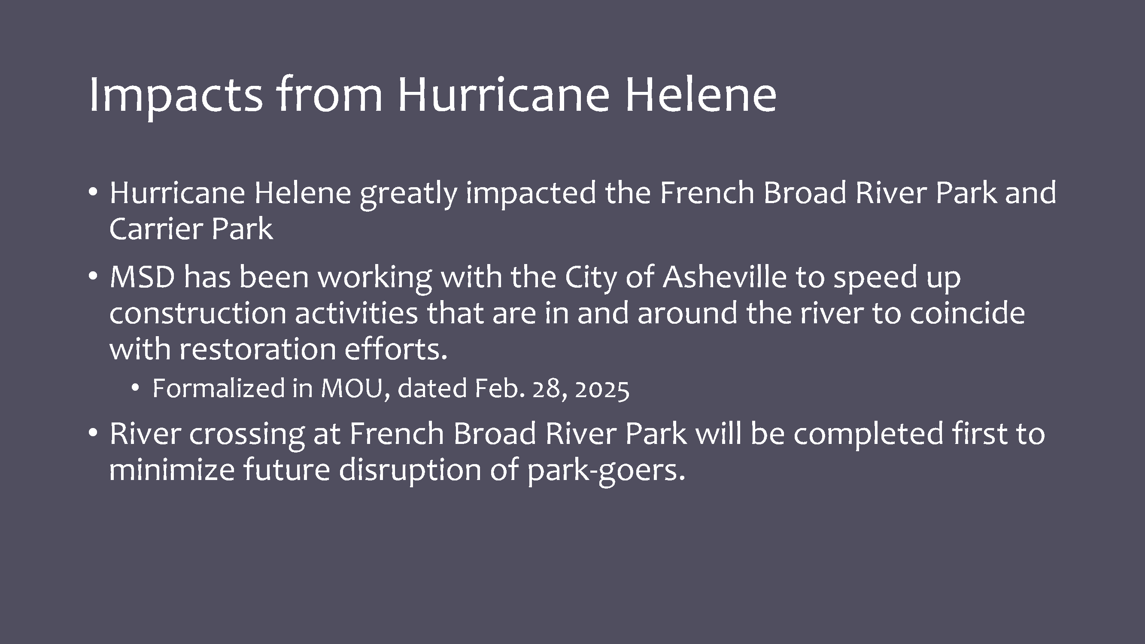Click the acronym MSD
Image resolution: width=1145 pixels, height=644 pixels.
pyautogui.click(x=142, y=276)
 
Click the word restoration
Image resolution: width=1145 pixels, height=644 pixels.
pyautogui.click(x=257, y=349)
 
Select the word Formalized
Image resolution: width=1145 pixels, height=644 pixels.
pyautogui.click(x=219, y=388)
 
